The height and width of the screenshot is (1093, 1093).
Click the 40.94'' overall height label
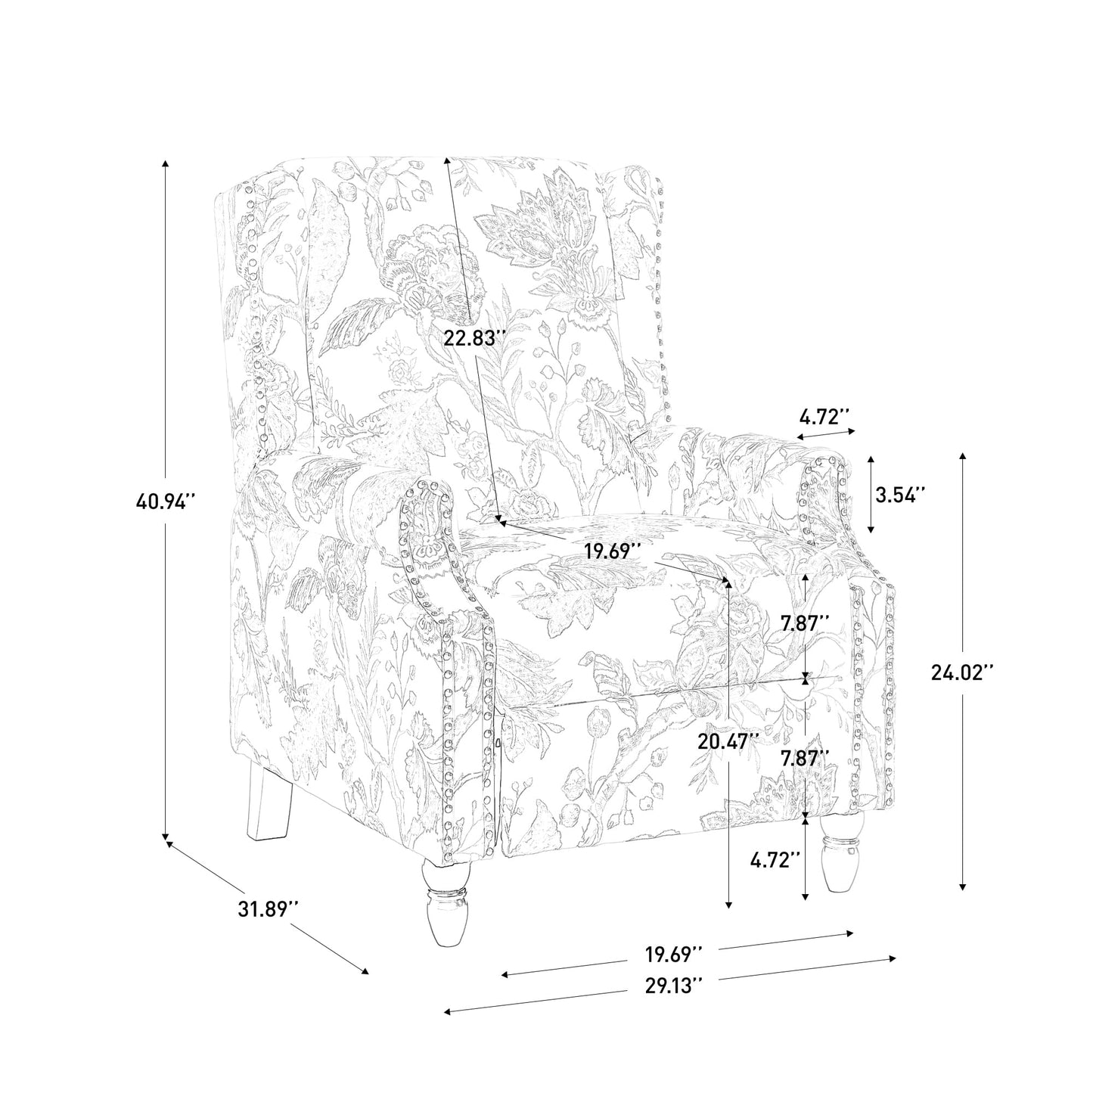point(166,501)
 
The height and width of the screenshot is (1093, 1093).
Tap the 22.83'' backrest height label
point(474,338)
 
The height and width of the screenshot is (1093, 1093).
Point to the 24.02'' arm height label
point(962,672)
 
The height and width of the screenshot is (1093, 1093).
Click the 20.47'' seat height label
point(728,741)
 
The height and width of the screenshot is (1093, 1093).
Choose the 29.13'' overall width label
point(675,986)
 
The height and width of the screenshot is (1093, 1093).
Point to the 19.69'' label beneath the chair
point(675,954)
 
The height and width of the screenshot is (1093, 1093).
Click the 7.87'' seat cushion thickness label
point(806,623)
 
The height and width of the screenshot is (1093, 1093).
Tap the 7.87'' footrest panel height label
point(806,758)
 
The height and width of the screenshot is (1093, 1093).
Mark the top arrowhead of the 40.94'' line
point(165,165)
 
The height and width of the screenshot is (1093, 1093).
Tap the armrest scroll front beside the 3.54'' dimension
point(824,500)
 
